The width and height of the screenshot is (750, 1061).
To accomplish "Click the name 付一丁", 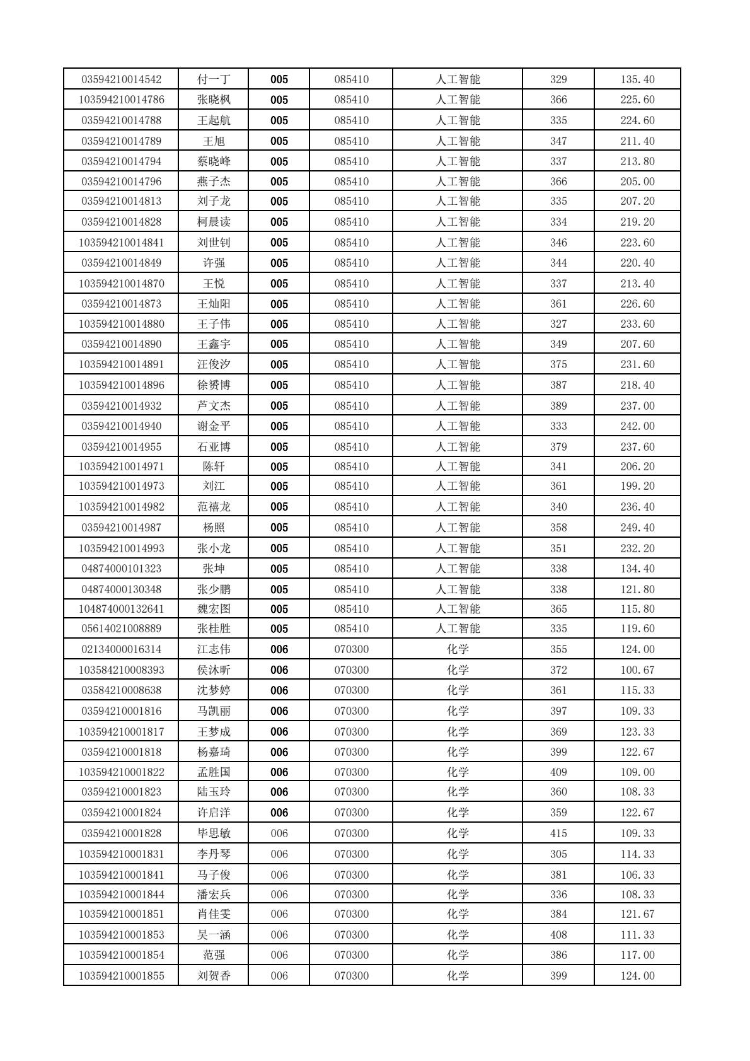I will coord(214,79).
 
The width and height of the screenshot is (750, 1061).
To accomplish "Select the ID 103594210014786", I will coord(121,100).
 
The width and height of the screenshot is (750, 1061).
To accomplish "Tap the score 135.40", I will coord(637,79).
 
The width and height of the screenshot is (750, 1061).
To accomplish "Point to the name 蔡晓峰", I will coord(214,161).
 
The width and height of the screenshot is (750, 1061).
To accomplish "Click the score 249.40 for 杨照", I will coord(637,528).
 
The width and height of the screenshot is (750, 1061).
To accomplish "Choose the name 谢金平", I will coord(214,426).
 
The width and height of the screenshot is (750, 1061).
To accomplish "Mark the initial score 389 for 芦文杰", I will coord(558,406).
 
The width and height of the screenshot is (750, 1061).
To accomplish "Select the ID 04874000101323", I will coord(121,569).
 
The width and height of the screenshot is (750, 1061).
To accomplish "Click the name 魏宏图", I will coord(214,609).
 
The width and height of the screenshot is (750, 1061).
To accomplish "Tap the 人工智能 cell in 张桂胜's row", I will coord(458,629).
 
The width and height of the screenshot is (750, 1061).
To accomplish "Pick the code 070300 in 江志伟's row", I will coord(351,649).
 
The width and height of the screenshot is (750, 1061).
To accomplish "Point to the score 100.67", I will coord(637,670).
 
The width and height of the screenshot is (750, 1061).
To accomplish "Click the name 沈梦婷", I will coord(214,690).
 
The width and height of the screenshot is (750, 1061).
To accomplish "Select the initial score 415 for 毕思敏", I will coord(558,833).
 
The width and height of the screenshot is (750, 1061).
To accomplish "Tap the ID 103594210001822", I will coord(121,772).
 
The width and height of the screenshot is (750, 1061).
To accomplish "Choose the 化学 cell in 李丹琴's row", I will coord(458,854).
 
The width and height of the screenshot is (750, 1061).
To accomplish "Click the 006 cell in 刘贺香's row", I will coord(279,976).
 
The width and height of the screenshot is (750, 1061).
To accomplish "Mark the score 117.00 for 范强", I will coord(637,955).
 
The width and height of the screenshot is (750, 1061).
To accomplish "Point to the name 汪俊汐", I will coord(214,364).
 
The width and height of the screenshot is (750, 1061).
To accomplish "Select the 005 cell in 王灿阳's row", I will coord(279,304).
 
